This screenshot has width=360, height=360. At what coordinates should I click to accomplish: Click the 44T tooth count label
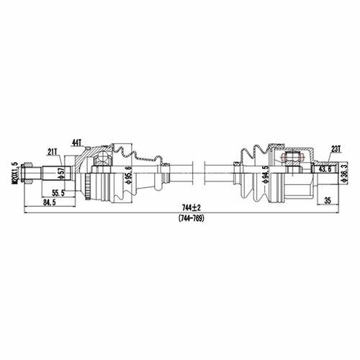(77, 143)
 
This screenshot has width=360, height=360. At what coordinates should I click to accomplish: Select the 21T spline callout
(53, 152)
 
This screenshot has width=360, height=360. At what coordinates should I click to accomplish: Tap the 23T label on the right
(336, 149)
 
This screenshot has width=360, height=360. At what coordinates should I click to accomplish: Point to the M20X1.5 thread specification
(15, 174)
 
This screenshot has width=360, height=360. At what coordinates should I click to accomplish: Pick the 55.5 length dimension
(58, 193)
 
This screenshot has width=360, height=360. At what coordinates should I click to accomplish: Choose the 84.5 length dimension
(49, 202)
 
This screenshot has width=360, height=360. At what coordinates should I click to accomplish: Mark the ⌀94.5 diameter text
(266, 174)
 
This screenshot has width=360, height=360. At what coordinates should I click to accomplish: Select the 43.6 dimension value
(325, 169)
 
